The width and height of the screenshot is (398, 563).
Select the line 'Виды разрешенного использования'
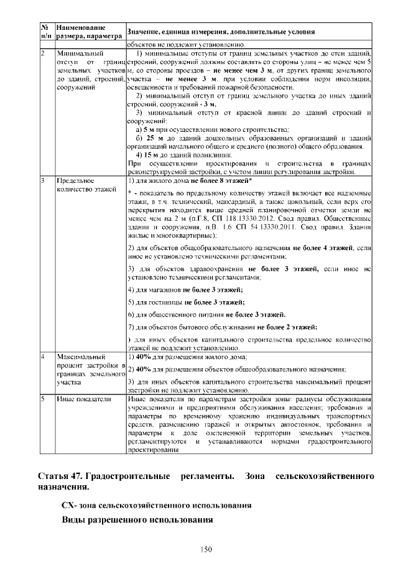(x=137, y=519)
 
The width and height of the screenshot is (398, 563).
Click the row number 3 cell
(x=44, y=180)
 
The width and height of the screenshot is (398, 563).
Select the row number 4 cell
(x=44, y=357)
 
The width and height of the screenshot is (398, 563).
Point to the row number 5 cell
(x=44, y=399)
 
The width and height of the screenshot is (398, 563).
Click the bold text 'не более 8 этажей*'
(x=218, y=180)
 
